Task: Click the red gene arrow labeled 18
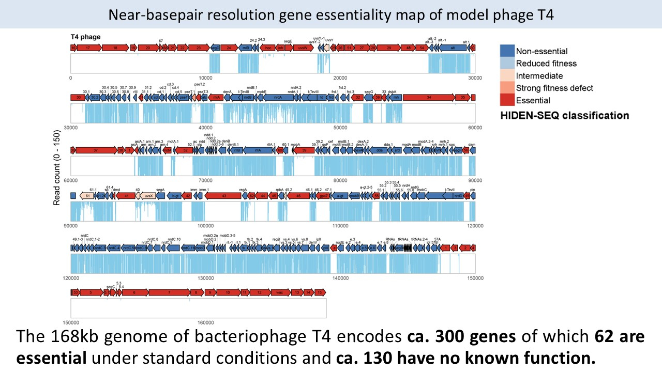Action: pyautogui.click(x=115, y=48)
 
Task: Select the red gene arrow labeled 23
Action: pyautogui.click(x=199, y=48)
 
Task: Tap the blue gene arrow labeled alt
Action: pyautogui.click(x=453, y=48)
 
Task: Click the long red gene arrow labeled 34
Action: pyautogui.click(x=429, y=97)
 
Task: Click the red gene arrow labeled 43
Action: pyautogui.click(x=224, y=196)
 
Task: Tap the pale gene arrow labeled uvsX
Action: pyautogui.click(x=148, y=196)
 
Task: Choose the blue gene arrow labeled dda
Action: pyautogui.click(x=380, y=150)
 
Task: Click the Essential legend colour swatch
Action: pyautogui.click(x=507, y=100)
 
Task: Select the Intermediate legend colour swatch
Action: pyautogui.click(x=507, y=75)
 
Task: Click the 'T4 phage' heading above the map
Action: pyautogui.click(x=86, y=37)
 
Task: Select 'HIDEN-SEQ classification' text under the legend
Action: pyautogui.click(x=564, y=115)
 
